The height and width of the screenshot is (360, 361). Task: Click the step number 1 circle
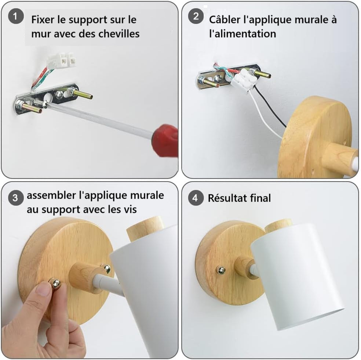[x=16, y=17]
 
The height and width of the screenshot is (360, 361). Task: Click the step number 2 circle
[x=196, y=17]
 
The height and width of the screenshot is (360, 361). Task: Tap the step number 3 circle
[x=16, y=198]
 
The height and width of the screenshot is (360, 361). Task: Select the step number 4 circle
[x=196, y=198]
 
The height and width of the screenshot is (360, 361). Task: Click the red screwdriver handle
[x=165, y=140]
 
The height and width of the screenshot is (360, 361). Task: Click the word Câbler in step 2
[x=225, y=19]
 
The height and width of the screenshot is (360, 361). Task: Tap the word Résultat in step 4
[x=227, y=198]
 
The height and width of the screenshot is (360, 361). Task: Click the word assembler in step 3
[x=51, y=195]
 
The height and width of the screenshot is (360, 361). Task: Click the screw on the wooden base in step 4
[x=220, y=270]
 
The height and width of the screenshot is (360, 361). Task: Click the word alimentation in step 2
[x=243, y=34]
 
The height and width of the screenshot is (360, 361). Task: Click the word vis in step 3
[x=131, y=209]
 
